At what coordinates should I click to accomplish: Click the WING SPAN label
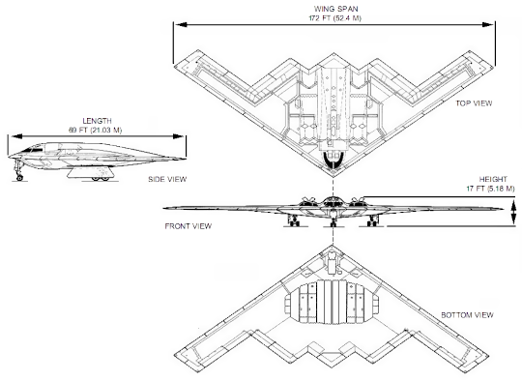point(335,9)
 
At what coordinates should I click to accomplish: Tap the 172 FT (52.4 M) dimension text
point(334,18)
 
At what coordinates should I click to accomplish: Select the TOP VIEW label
point(474,103)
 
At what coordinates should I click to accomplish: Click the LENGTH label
point(97,121)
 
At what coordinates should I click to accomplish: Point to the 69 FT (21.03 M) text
point(95,130)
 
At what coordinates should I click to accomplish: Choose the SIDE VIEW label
point(167,179)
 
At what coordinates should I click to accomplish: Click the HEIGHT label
point(493,179)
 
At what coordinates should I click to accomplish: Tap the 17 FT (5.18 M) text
point(490,189)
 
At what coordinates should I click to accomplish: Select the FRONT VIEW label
point(188,226)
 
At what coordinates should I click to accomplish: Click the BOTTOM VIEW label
point(467,314)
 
